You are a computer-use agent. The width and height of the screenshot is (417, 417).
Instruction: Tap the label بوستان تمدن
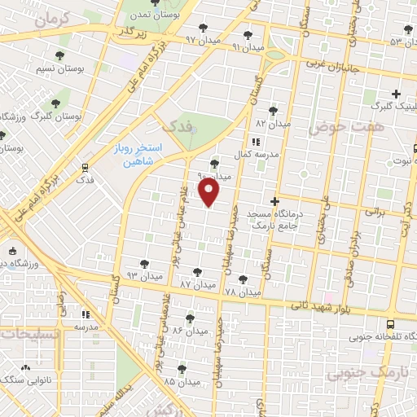tap(160, 15)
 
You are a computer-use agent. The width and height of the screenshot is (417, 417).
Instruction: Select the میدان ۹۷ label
tap(203, 38)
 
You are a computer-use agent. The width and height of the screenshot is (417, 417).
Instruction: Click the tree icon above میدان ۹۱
tap(248, 35)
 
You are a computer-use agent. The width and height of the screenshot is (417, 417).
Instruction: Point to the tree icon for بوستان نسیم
tap(59, 55)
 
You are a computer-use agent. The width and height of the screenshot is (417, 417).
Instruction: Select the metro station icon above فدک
tap(85, 167)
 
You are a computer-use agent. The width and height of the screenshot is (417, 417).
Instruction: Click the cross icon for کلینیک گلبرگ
tap(397, 94)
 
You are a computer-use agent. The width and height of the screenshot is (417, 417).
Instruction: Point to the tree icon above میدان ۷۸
tap(242, 279)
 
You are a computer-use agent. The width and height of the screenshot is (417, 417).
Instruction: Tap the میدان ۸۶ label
tap(187, 331)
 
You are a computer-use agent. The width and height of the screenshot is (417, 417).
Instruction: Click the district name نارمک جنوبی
tap(358, 373)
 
